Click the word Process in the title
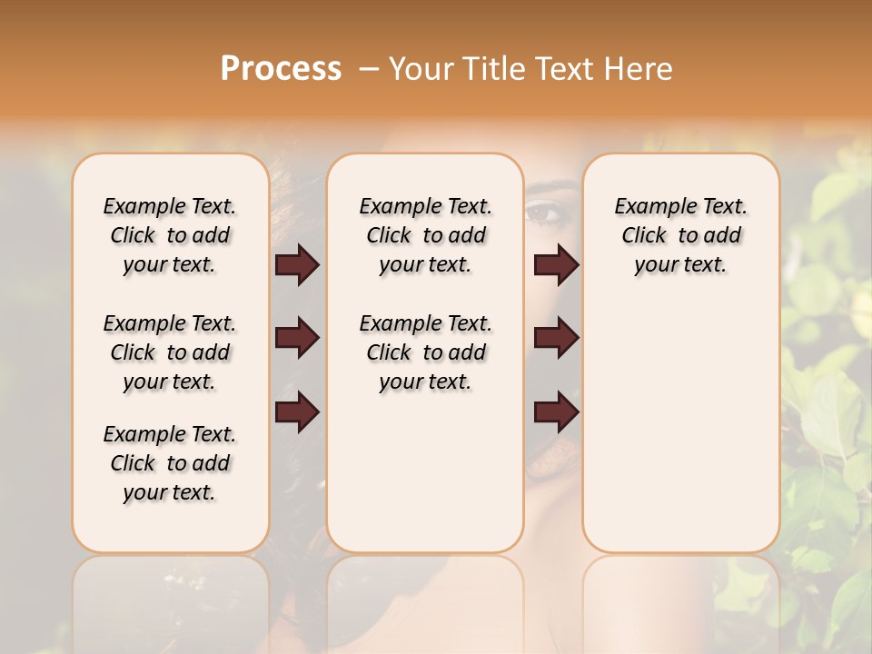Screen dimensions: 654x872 [x=281, y=69]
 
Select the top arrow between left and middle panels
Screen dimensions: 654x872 [x=297, y=265]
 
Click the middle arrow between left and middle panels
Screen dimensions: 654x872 [x=297, y=339]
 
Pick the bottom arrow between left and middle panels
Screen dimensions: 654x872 [x=297, y=412]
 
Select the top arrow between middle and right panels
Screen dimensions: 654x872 [x=556, y=265]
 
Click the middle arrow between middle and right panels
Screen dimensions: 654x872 [x=556, y=339]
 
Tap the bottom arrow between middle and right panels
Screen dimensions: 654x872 [x=556, y=412]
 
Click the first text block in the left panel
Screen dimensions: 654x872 [x=170, y=236]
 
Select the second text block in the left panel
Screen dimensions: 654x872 [x=170, y=352]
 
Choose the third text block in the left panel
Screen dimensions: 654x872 [x=170, y=463]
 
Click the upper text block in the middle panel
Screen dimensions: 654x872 [x=425, y=236]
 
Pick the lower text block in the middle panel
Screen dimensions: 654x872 [x=425, y=352]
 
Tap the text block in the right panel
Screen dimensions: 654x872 [x=681, y=236]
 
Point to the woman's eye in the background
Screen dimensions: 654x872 [x=546, y=213]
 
